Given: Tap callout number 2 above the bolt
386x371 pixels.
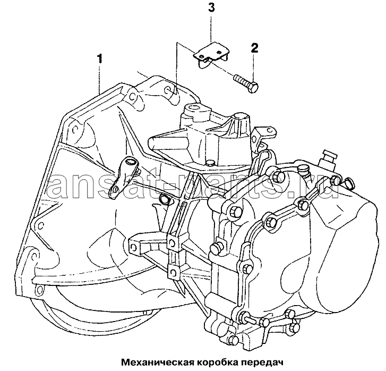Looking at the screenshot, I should [x=255, y=48].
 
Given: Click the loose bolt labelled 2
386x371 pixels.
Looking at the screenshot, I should [x=245, y=82].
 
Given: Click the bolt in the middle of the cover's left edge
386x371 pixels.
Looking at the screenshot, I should [x=216, y=247].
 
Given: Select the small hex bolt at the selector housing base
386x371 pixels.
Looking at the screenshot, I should [x=210, y=163].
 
